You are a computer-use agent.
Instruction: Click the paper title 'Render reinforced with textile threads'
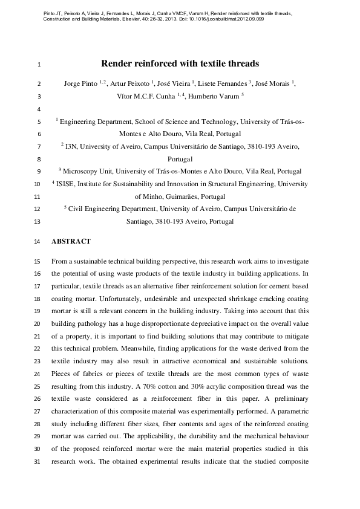[180, 63]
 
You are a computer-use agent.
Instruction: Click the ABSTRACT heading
[71, 241]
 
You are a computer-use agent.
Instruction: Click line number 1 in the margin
[38, 64]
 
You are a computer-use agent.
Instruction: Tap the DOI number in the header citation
[231, 19]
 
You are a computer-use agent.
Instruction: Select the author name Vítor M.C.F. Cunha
[145, 96]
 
